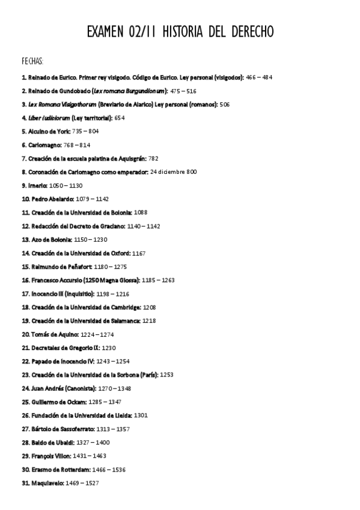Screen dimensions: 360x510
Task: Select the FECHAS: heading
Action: tap(32, 61)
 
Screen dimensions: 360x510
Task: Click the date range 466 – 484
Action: tap(260, 78)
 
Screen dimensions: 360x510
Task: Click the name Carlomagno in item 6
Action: tap(44, 145)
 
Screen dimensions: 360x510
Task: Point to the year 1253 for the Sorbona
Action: tap(167, 375)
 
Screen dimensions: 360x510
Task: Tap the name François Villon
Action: tap(52, 456)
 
